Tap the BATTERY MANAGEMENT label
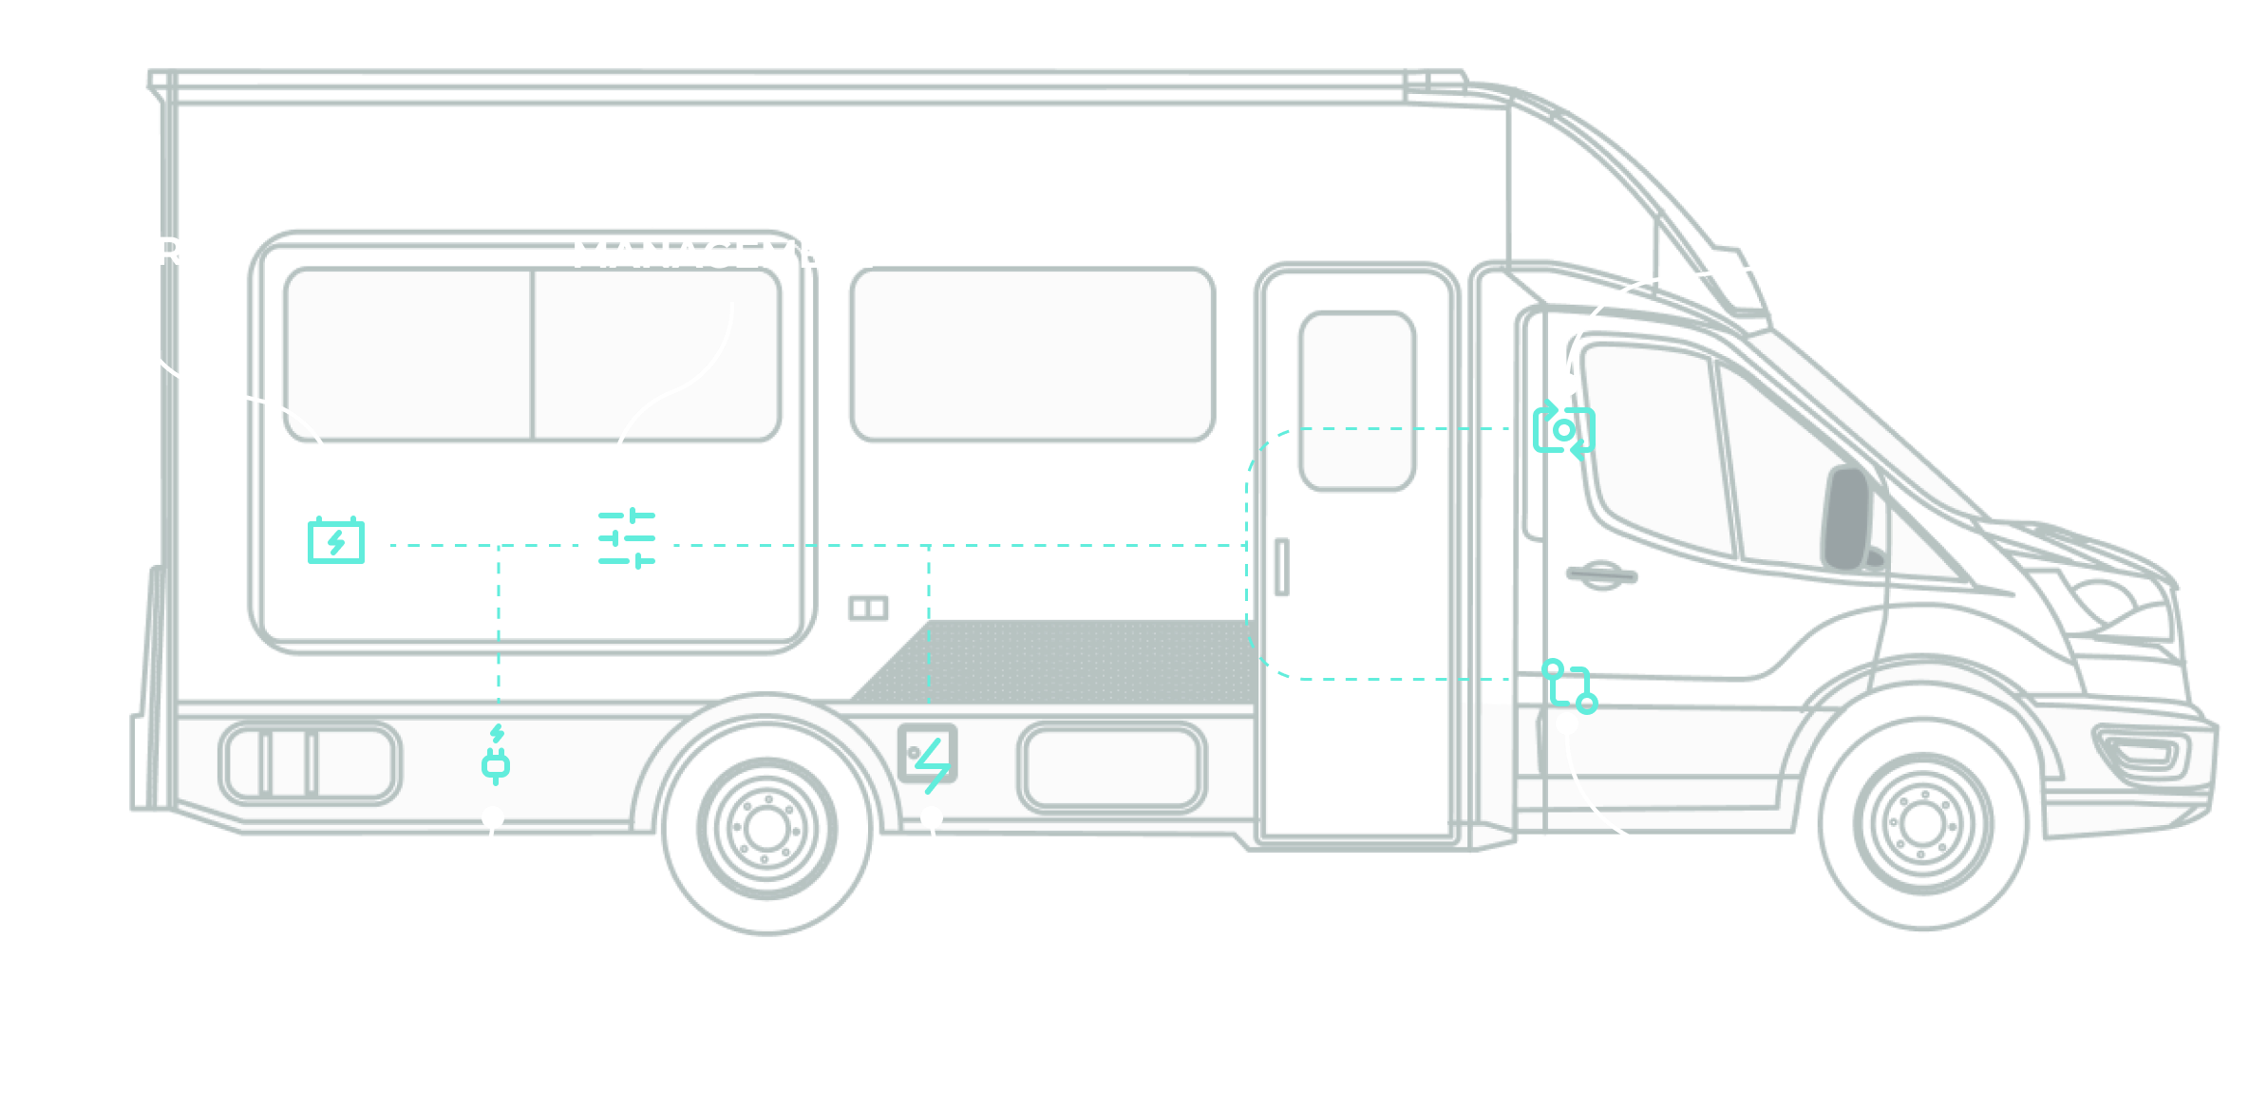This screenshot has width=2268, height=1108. (x=728, y=235)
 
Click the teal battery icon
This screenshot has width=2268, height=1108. (x=336, y=541)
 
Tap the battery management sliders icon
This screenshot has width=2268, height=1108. (x=627, y=538)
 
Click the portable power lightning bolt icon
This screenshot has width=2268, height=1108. (x=932, y=765)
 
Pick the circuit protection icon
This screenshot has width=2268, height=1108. (x=1563, y=430)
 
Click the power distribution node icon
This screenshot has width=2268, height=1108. (x=1569, y=686)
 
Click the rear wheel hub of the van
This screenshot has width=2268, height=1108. (x=765, y=828)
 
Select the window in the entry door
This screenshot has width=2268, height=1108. (x=1356, y=401)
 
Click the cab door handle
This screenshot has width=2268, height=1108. (x=1602, y=573)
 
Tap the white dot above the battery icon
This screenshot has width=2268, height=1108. (x=336, y=495)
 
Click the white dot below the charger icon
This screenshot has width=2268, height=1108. (x=493, y=817)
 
